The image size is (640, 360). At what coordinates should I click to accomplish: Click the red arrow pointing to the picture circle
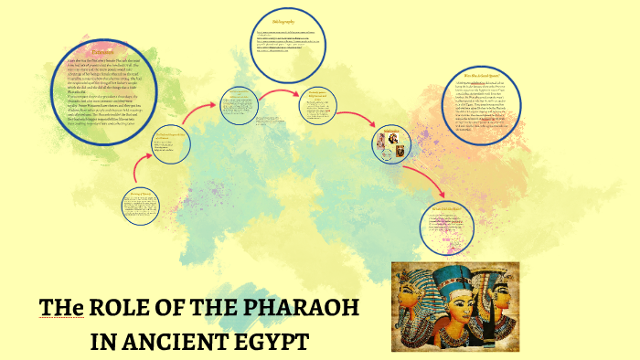[356, 128]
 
